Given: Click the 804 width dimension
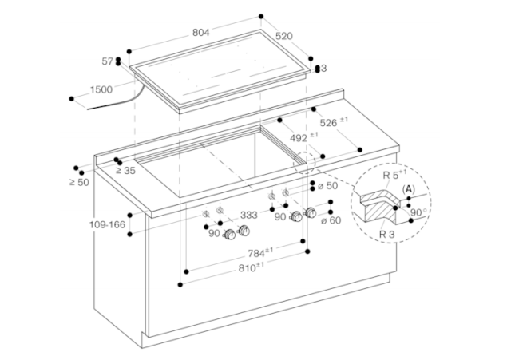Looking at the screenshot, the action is pos(200,32).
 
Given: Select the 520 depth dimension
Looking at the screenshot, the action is pos(284,36).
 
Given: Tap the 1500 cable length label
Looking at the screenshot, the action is pos(101,89).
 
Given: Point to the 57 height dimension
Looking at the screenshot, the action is pos(107,61).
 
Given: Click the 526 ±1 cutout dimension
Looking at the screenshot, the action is pos(334,122).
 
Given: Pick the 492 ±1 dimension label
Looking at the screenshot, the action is pos(303,137).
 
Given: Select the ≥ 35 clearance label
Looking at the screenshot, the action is pos(126,171).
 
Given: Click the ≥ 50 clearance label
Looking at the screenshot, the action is pos(79,182).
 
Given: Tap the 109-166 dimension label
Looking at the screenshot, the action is pos(107,224).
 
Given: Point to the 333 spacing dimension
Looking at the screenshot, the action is pos(248,215).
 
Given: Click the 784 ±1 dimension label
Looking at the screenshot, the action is pos(260,253).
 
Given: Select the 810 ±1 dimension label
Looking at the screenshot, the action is pos(252,267).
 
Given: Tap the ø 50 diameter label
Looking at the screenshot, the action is pos(327,186).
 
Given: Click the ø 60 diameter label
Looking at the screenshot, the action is pos(331,220).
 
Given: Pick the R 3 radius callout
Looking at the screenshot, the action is pos(386,234).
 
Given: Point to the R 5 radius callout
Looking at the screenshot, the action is pos(394,175).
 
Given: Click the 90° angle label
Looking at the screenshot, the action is pos(418,212).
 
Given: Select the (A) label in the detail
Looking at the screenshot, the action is pos(408,188).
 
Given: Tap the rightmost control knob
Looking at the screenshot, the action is pos(311,212).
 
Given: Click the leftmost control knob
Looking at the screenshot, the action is pos(230,235).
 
